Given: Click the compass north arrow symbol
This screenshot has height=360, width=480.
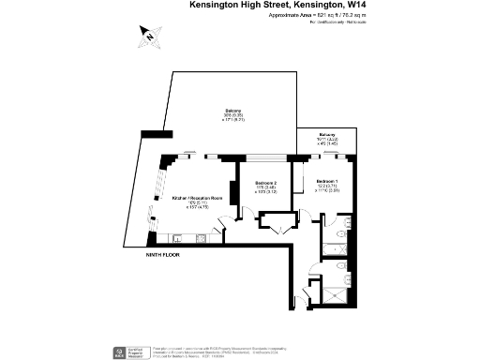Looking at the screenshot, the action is (149, 35).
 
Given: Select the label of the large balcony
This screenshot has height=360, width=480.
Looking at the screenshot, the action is (233, 115).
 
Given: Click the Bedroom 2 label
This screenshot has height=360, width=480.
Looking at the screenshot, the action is (267, 187).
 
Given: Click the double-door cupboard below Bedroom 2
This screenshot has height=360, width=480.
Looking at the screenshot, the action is (277, 222).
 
